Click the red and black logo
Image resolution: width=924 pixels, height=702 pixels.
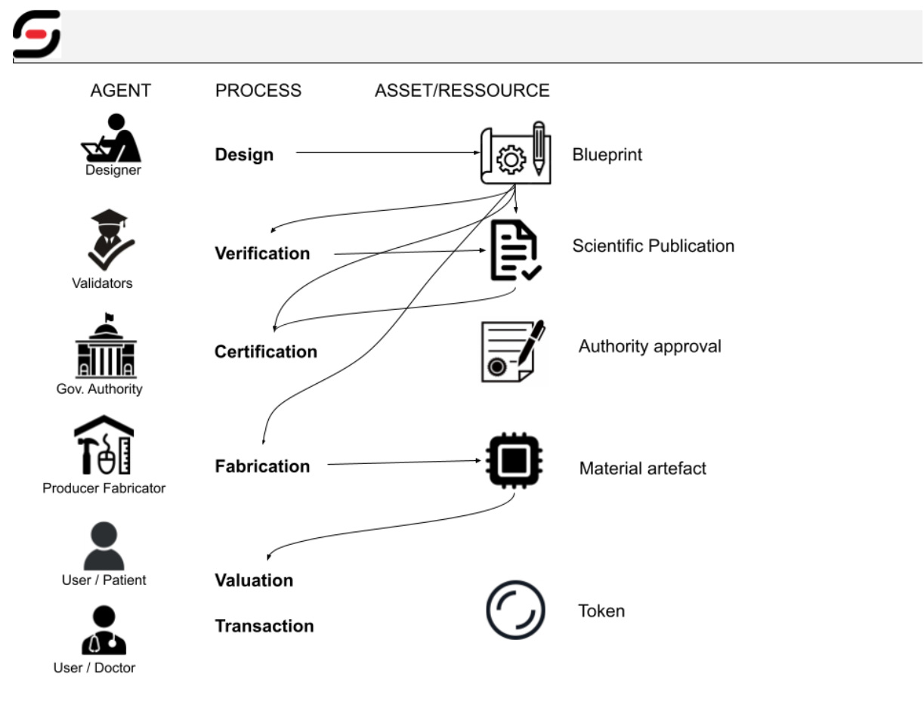[x=36, y=35]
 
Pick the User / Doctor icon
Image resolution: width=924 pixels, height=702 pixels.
[x=104, y=630]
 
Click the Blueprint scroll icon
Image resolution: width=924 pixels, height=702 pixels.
[x=515, y=153]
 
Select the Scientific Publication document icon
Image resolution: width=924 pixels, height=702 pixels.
[x=515, y=249]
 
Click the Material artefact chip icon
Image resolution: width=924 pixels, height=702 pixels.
[x=515, y=460]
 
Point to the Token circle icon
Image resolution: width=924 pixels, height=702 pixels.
[x=515, y=611]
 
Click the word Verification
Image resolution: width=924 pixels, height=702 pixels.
[x=262, y=253]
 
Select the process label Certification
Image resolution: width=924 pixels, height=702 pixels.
[x=265, y=351]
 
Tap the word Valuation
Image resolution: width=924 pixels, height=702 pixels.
[x=254, y=580]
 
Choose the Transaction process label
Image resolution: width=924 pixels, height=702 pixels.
[x=264, y=626]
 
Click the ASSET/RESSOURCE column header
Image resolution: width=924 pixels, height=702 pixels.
[x=462, y=91]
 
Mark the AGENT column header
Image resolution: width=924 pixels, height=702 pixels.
[x=120, y=91]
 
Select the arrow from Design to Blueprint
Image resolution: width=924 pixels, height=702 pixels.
[x=385, y=153]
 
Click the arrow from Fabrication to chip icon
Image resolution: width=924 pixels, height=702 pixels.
[x=404, y=462]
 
